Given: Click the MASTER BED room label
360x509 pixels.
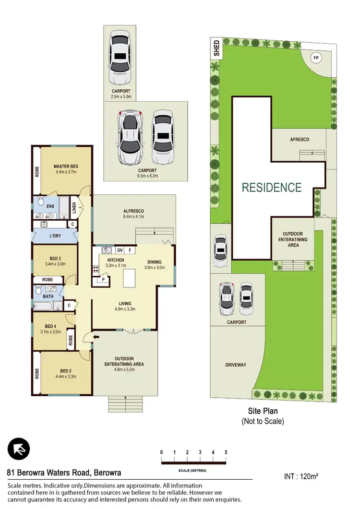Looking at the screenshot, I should point(65,166).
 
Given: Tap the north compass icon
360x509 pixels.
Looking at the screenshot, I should point(19,450).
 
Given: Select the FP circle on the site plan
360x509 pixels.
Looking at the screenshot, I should point(315,58).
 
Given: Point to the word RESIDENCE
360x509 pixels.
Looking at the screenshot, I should point(271,188).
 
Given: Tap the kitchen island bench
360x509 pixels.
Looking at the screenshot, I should point(129,278).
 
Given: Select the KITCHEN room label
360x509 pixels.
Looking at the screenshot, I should point(116,260).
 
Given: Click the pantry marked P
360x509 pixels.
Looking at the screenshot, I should point(103,280).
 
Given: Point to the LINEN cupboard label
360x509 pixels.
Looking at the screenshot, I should point(74,206).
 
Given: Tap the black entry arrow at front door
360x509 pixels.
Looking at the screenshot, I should point(96,338).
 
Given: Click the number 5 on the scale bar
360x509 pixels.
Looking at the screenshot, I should point(226,452).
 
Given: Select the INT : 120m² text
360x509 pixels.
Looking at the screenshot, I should point(302,476).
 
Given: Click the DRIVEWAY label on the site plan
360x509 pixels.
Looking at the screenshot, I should point(235,365).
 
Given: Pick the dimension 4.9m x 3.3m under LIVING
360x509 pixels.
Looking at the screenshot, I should point(125,309).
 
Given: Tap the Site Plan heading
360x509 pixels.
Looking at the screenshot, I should point(263,411).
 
